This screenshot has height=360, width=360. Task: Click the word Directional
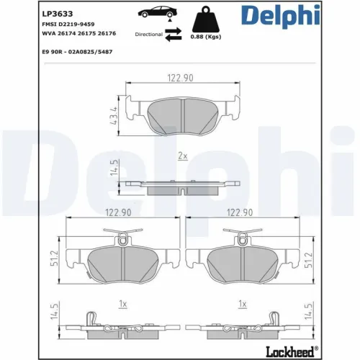tap(148, 34)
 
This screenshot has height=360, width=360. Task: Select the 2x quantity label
tap(182, 156)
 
